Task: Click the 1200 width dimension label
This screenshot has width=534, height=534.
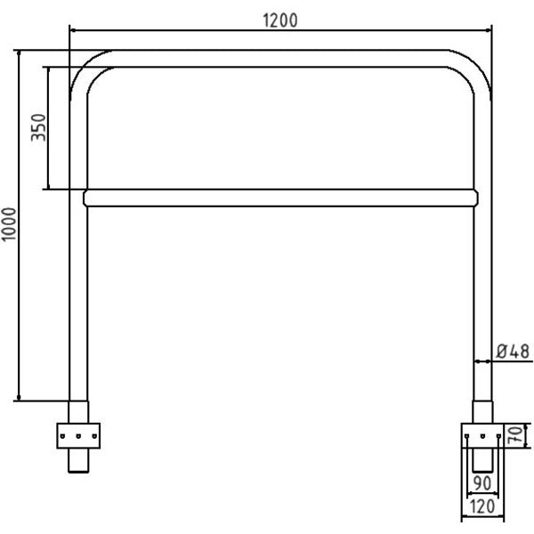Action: click(280, 20)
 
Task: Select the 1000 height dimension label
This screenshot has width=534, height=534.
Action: click(9, 224)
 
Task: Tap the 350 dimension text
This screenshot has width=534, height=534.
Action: click(38, 127)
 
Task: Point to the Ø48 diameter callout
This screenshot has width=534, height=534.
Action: click(513, 352)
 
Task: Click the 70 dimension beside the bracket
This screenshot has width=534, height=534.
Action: click(514, 435)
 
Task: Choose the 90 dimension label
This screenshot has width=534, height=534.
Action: click(482, 483)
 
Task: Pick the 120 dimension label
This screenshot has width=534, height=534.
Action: click(482, 506)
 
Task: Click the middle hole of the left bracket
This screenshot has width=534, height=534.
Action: click(78, 436)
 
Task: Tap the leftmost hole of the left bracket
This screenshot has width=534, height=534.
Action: click(62, 436)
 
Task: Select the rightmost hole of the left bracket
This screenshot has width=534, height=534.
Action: click(94, 436)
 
